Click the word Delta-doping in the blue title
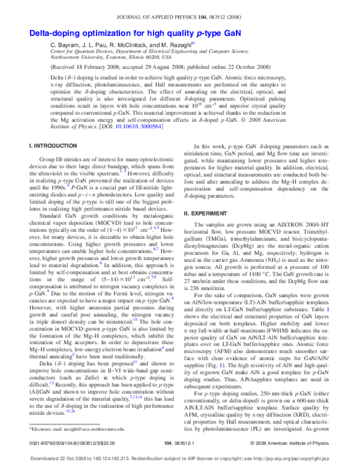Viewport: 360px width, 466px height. point(55,34)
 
